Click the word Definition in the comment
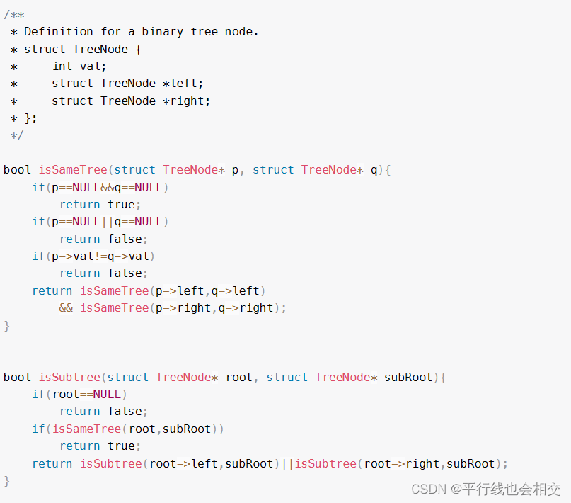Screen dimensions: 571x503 click(x=59, y=32)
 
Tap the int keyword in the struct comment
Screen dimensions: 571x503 click(x=62, y=66)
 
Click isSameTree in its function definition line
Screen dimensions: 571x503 click(x=73, y=170)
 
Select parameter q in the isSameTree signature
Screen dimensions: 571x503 click(x=374, y=170)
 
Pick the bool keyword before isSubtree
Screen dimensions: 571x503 click(x=17, y=378)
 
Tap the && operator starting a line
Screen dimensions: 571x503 click(x=66, y=308)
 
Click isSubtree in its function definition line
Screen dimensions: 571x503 click(x=69, y=378)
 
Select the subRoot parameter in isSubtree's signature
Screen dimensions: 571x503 click(x=408, y=378)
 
